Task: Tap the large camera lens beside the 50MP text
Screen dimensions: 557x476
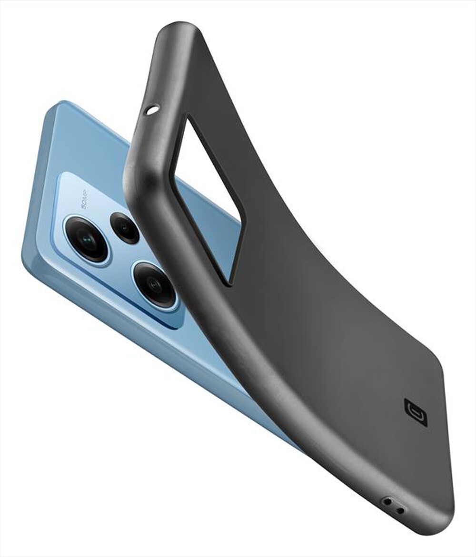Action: click(87, 239)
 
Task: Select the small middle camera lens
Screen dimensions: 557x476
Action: click(125, 228)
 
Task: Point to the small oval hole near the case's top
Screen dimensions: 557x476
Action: click(152, 110)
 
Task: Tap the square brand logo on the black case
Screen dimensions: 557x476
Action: click(416, 412)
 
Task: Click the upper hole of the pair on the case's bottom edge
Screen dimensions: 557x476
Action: click(388, 501)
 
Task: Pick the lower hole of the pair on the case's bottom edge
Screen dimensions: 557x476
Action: click(400, 510)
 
